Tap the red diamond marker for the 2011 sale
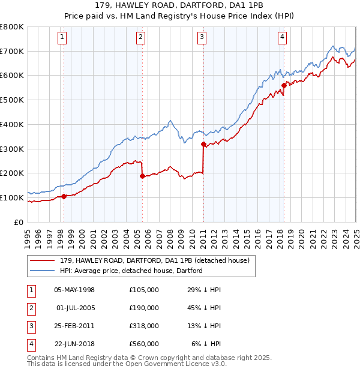204,144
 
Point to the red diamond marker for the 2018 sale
284,85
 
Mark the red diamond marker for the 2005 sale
142,176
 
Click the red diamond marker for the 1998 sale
64,196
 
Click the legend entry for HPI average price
131,271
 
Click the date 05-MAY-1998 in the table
74,290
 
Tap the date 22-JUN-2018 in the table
74,344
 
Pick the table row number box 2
31,308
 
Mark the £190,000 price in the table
144,308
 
